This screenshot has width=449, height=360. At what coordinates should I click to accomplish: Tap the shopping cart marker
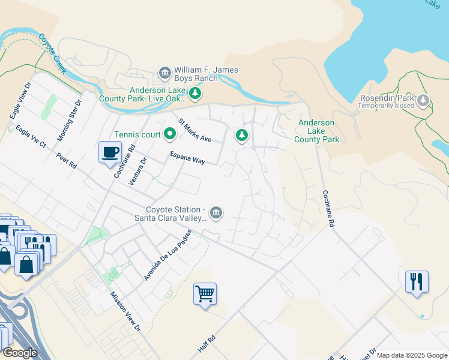click(205, 294)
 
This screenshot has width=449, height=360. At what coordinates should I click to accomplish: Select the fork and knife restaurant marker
click(417, 281)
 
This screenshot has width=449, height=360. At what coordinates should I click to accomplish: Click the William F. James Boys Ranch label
click(206, 74)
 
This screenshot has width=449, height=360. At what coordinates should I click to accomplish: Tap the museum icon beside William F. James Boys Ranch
click(164, 73)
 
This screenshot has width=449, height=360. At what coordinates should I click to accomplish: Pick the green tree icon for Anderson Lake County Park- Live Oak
click(194, 94)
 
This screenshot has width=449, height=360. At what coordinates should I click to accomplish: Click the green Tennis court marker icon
click(170, 134)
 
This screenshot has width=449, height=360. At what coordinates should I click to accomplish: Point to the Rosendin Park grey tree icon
click(424, 100)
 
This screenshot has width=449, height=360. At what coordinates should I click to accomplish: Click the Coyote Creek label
click(53, 53)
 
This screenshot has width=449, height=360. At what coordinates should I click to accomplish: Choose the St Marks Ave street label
click(194, 130)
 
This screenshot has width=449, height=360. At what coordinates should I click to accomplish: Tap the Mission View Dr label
click(125, 312)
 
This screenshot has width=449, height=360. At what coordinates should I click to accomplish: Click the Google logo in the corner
click(20, 353)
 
